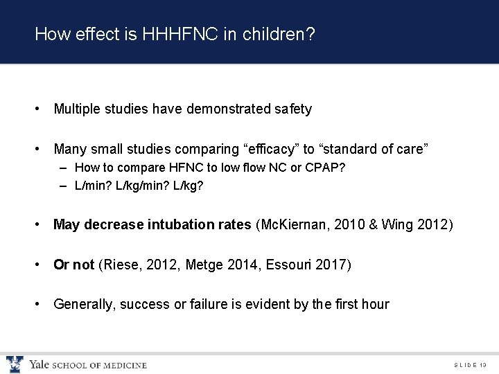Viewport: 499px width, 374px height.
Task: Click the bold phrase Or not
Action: (73, 264)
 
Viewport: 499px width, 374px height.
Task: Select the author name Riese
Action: (120, 264)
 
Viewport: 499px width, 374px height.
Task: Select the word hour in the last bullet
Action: (375, 303)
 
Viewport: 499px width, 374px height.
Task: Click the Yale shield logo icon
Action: (14, 364)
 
